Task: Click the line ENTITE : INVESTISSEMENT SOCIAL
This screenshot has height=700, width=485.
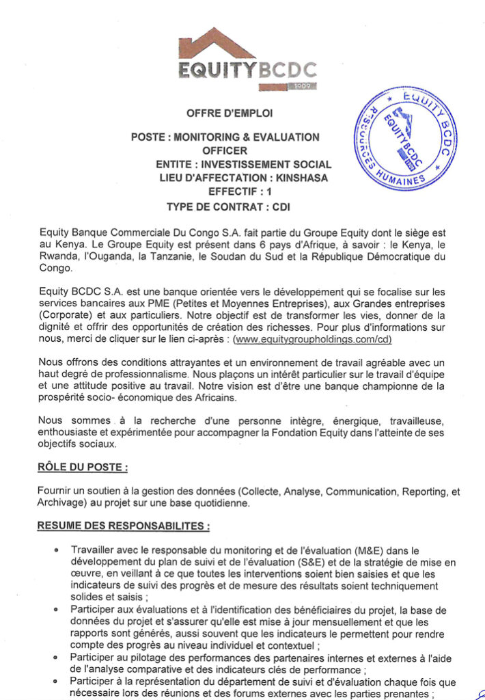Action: tap(243, 164)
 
